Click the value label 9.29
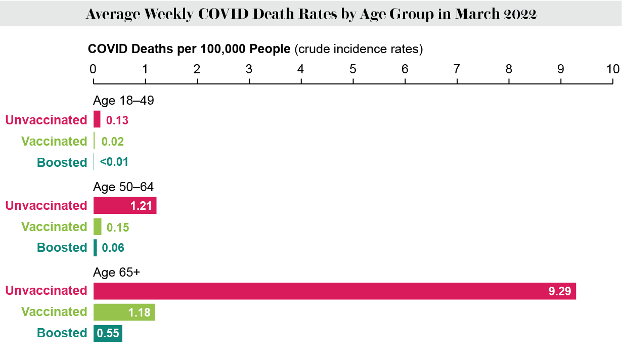[x=559, y=291]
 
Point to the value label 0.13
[x=117, y=120]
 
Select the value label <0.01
[x=114, y=162]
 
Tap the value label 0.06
[x=113, y=248]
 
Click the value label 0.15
[x=118, y=227]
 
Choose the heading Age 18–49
[x=123, y=101]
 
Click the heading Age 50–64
[x=123, y=187]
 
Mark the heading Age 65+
[x=116, y=273]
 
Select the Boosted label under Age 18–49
[x=62, y=162]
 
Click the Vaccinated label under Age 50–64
[x=54, y=227]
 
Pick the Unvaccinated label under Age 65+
[x=46, y=291]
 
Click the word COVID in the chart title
[x=223, y=14]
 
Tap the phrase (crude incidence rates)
[x=358, y=49]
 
